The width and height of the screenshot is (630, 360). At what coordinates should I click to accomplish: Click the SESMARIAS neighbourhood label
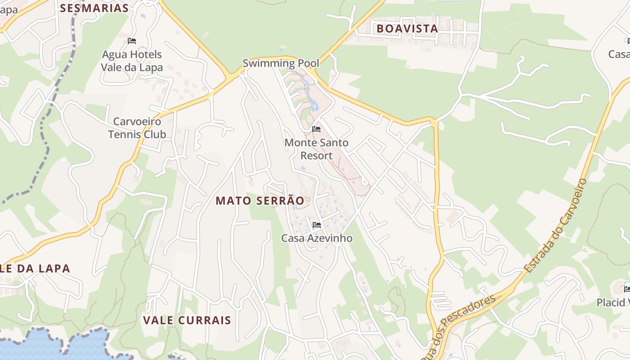[94, 8]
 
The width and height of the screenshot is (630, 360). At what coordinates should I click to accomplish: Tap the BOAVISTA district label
[407, 28]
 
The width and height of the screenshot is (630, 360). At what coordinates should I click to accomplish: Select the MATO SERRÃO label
[260, 201]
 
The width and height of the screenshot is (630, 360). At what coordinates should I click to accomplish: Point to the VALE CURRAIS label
[187, 320]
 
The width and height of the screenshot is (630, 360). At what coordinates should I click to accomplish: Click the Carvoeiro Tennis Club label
[137, 128]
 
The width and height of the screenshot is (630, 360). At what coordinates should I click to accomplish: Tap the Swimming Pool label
[281, 63]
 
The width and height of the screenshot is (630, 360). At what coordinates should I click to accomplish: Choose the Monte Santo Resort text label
[316, 149]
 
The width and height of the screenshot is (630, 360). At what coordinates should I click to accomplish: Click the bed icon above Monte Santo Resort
[316, 129]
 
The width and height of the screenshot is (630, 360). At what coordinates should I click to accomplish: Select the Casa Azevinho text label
[316, 238]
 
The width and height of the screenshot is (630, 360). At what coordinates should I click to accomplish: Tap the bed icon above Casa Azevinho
[316, 225]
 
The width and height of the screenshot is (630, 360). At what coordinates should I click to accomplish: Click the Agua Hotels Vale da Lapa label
[131, 61]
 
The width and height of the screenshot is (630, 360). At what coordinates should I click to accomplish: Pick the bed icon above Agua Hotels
[131, 41]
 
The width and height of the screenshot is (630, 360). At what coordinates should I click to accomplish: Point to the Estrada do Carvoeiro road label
[557, 225]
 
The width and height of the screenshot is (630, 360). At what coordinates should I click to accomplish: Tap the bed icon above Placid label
[627, 288]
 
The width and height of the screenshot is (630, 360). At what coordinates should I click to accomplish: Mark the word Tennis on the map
[123, 134]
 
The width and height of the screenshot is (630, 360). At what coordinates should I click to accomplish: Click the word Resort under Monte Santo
[316, 156]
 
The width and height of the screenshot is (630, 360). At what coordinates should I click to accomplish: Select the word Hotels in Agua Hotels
[144, 54]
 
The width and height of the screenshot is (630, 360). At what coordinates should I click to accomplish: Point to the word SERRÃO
[285, 201]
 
